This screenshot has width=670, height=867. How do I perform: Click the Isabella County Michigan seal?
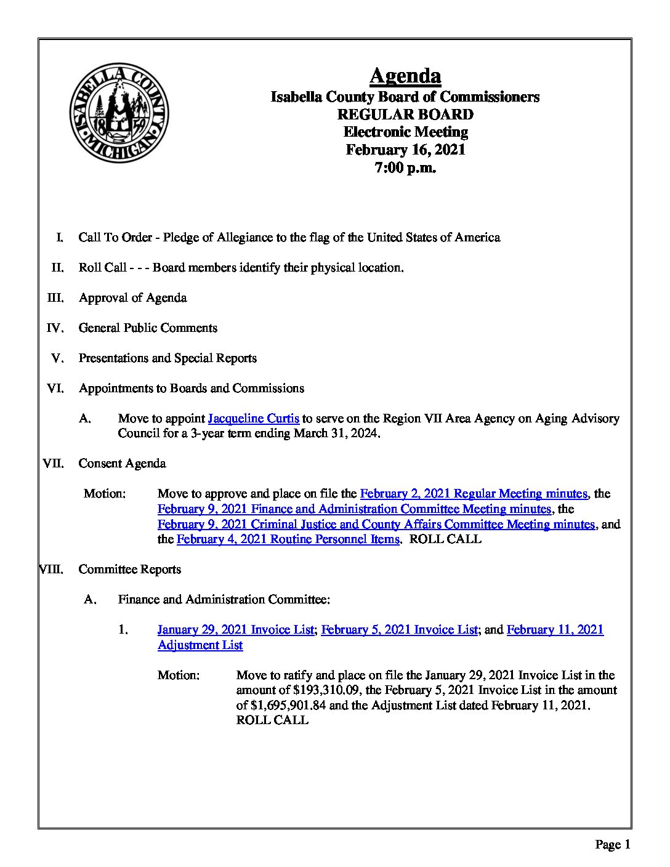point(119,113)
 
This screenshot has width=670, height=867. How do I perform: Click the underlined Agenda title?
point(405,76)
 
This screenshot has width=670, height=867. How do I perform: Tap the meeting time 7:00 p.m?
point(405,167)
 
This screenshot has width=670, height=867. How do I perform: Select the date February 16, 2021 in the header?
point(405,150)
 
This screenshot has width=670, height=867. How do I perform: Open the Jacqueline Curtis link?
point(254,419)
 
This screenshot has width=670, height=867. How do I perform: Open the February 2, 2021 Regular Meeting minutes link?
point(473,494)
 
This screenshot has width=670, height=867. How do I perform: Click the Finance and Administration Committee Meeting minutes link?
point(354,509)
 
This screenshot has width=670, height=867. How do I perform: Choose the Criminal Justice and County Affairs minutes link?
point(376,525)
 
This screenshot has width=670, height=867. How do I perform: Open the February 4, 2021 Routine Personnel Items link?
point(288,539)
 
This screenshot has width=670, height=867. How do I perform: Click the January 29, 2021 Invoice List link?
point(235,630)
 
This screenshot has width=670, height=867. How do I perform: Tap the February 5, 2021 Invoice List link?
point(399,630)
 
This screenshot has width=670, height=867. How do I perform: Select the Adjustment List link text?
point(200,645)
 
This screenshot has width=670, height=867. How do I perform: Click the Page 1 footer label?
point(612,845)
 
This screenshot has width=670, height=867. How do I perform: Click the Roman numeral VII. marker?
point(54,464)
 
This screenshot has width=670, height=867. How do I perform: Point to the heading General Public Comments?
point(148,328)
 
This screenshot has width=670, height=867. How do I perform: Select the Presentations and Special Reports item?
point(167,358)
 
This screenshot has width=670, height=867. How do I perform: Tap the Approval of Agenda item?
point(132,298)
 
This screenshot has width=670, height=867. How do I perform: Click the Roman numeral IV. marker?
point(55,328)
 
